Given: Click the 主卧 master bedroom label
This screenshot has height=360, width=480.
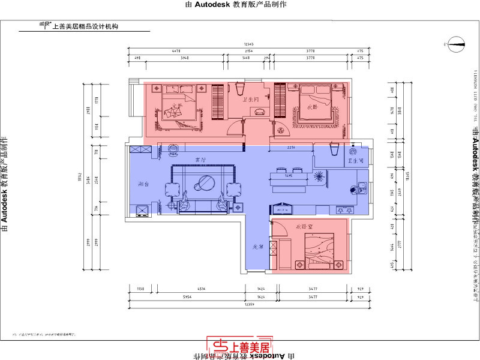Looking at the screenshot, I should pos(176,107).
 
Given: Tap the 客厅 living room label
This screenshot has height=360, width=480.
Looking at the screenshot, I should pos(200,161).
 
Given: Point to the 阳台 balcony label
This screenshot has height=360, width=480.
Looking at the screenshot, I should pos(144,184).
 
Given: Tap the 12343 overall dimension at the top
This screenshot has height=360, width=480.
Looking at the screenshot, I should pos(248,44).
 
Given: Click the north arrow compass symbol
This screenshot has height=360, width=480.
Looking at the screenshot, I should pos(455,42).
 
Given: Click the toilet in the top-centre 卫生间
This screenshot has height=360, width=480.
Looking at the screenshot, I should pos(238,89).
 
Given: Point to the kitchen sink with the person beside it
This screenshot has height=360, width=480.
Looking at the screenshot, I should pos(360,188).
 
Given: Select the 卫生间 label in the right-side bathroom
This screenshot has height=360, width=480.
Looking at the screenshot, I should pos(355,161).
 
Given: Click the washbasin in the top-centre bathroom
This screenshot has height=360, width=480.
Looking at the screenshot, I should pos(259,112).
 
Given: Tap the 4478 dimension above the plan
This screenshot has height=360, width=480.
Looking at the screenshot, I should pos(176,52).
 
